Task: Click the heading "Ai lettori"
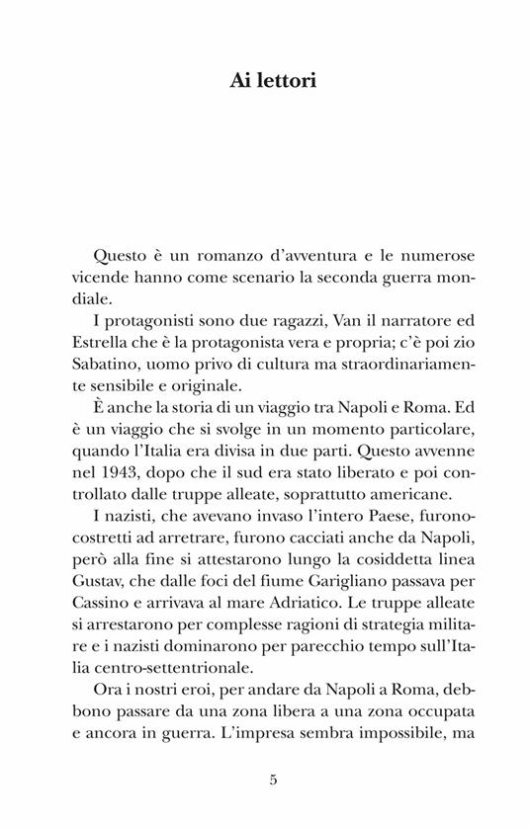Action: click(x=265, y=81)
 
